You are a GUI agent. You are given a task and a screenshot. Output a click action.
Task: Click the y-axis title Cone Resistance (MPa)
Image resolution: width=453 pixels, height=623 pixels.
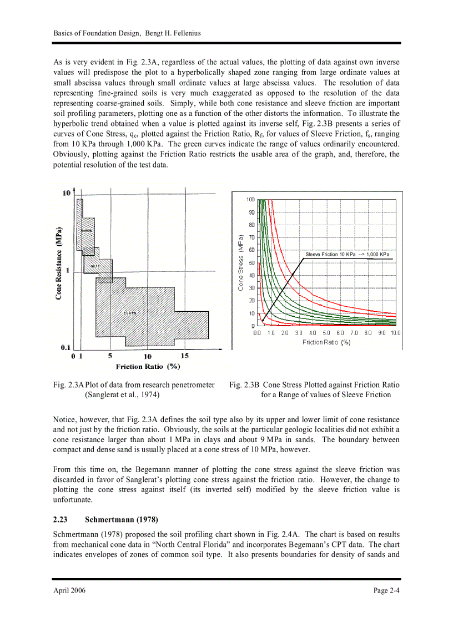coord(58,263)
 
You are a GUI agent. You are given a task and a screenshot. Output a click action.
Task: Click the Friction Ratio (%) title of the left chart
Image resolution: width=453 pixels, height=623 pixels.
coord(148,366)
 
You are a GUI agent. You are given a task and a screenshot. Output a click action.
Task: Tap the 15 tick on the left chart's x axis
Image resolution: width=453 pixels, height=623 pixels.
coord(185,356)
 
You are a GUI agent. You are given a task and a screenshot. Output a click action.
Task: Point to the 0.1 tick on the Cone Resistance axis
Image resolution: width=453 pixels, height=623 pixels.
coord(66,348)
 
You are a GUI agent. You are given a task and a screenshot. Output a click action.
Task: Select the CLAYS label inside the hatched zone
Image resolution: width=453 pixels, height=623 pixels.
coord(129,313)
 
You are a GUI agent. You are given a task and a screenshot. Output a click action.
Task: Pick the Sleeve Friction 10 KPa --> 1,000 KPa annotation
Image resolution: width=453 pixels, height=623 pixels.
coord(348,254)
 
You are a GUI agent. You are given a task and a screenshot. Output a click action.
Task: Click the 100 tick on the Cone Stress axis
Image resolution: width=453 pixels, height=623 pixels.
coord(250,199)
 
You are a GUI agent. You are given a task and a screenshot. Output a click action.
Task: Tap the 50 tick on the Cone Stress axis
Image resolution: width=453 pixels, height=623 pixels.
coord(251,263)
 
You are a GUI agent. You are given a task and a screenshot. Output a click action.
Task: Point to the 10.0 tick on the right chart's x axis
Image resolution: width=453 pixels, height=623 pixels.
coord(395,333)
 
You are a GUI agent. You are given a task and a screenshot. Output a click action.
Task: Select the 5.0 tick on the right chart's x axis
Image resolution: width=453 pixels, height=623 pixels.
coord(326,333)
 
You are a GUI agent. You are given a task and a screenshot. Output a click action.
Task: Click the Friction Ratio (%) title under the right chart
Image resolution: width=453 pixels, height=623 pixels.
coord(326,342)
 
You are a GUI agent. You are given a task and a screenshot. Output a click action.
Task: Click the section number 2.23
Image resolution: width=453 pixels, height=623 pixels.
coord(60,520)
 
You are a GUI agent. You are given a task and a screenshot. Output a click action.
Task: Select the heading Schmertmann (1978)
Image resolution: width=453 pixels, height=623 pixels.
coord(122,520)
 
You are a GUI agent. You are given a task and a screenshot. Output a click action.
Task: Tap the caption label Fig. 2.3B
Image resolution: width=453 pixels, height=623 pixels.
coord(244,384)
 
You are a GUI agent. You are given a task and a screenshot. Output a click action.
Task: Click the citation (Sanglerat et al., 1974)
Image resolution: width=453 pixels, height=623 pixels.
coord(122,394)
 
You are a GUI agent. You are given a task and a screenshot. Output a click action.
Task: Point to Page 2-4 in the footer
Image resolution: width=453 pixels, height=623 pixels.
coord(386,590)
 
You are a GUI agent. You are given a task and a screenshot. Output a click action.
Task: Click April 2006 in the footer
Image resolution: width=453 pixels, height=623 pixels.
coord(69,590)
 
